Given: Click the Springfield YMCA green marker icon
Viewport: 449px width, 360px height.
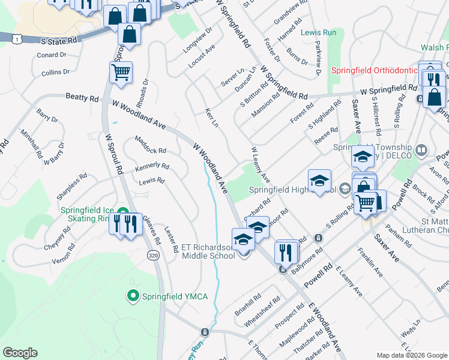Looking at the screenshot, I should coord(133,295).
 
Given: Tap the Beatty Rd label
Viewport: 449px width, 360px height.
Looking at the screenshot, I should coord(82,97).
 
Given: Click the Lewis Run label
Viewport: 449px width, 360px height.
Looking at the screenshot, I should coord(318,32).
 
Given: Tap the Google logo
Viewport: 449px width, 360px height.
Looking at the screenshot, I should coord(20,353).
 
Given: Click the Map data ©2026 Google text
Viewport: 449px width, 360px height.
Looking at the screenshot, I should coord(412,355).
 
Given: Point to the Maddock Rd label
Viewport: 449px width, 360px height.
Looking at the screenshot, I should coord(150,146).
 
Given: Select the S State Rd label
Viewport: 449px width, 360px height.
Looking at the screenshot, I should coord(60,41).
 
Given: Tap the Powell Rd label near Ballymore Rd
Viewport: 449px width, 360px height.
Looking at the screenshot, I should coord(318,275).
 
